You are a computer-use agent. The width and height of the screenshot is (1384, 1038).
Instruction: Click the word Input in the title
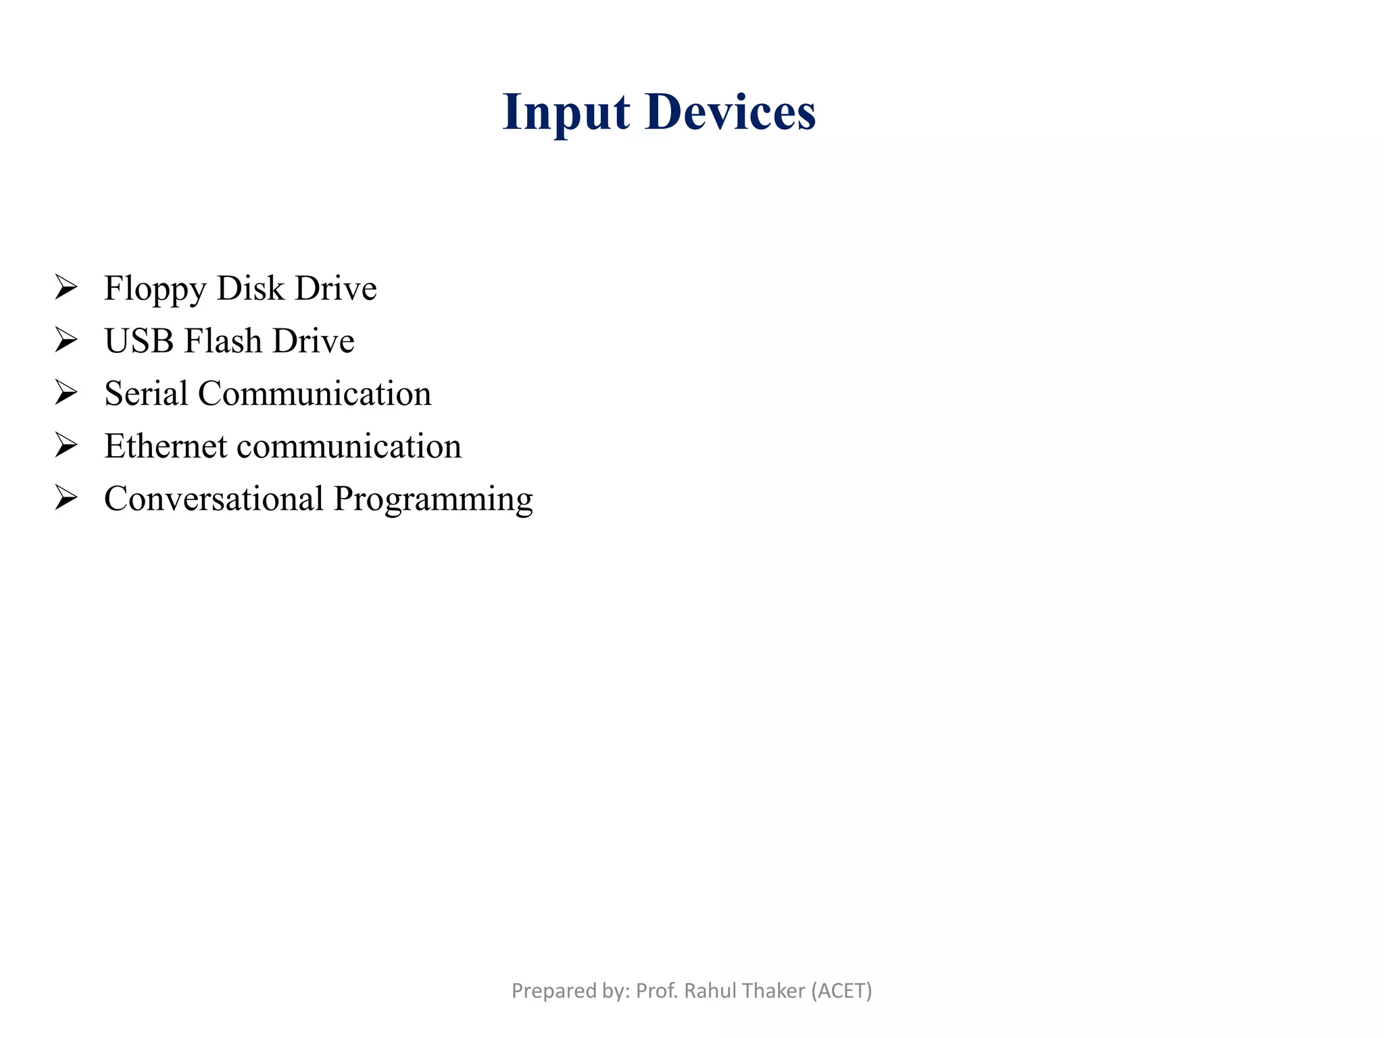tap(566, 112)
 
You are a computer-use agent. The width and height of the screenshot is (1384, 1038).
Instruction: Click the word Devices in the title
tap(731, 112)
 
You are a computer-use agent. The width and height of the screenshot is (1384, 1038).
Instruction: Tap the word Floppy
tap(155, 289)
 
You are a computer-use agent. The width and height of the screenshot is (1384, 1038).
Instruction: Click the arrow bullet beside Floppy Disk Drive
tap(66, 288)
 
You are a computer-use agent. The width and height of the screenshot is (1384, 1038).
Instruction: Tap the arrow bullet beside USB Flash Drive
tap(66, 340)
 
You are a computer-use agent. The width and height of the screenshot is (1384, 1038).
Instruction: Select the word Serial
tap(146, 393)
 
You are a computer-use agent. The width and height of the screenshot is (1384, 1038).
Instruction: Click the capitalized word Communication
tap(314, 393)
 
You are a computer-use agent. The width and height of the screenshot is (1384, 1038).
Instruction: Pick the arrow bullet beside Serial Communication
tap(66, 393)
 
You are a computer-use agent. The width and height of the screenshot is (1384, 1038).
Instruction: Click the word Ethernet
tap(166, 446)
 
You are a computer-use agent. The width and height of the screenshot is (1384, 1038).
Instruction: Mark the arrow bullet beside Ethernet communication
tap(66, 445)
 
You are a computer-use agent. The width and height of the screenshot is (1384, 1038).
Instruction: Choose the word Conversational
tap(214, 499)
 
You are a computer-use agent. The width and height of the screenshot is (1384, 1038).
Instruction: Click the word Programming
tap(433, 500)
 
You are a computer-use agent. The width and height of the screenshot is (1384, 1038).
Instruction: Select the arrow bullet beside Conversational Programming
tap(66, 498)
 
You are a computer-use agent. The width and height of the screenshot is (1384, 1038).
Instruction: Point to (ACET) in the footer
tap(841, 991)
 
